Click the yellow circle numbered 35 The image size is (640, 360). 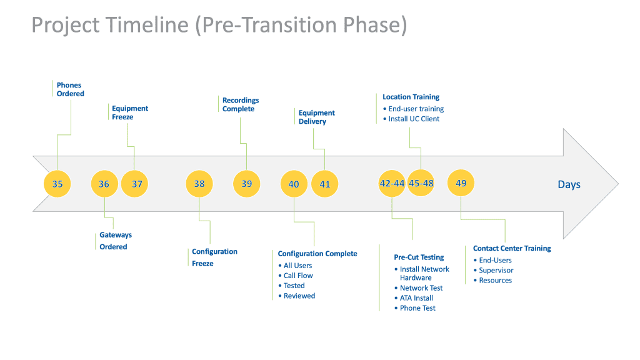(57, 184)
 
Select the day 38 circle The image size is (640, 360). (199, 184)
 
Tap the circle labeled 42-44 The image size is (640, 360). (392, 183)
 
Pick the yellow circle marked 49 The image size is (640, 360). (461, 183)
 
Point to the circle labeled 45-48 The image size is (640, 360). (421, 183)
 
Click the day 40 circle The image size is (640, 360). (294, 184)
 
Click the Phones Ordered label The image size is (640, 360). (70, 89)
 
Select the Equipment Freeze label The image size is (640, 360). (130, 112)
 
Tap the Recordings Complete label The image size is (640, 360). (241, 104)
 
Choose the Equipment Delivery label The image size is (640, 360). (316, 117)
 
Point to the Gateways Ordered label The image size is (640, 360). (116, 241)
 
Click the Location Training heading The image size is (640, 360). (411, 97)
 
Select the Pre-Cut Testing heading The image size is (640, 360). (419, 257)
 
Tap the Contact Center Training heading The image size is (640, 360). (512, 248)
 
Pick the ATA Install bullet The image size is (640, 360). (414, 298)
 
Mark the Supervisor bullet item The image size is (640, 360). (494, 270)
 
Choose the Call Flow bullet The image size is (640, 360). (296, 276)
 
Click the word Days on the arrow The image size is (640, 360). (569, 184)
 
